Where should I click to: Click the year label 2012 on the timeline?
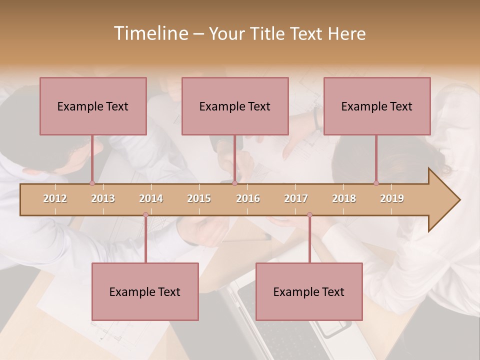click(x=55, y=198)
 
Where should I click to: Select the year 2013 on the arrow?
click(x=103, y=198)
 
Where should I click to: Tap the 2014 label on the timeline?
click(x=151, y=198)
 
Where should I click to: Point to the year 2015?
click(x=199, y=198)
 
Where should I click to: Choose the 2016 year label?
click(x=248, y=198)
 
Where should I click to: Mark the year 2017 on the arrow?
click(x=296, y=198)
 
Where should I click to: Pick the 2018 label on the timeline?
click(x=344, y=198)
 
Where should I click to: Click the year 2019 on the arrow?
click(x=392, y=198)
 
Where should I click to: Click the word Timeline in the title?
click(x=150, y=33)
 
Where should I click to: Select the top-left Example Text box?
click(x=93, y=106)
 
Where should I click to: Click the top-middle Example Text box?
click(x=235, y=106)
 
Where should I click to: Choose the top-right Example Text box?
click(x=377, y=106)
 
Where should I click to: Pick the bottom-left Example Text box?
click(x=145, y=291)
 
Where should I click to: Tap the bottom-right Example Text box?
click(x=309, y=291)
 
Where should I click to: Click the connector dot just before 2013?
click(x=92, y=183)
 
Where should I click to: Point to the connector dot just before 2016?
click(x=234, y=183)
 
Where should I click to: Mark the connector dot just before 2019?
click(x=376, y=183)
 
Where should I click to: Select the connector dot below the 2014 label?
click(x=145, y=215)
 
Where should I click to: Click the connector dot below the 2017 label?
click(x=309, y=215)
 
